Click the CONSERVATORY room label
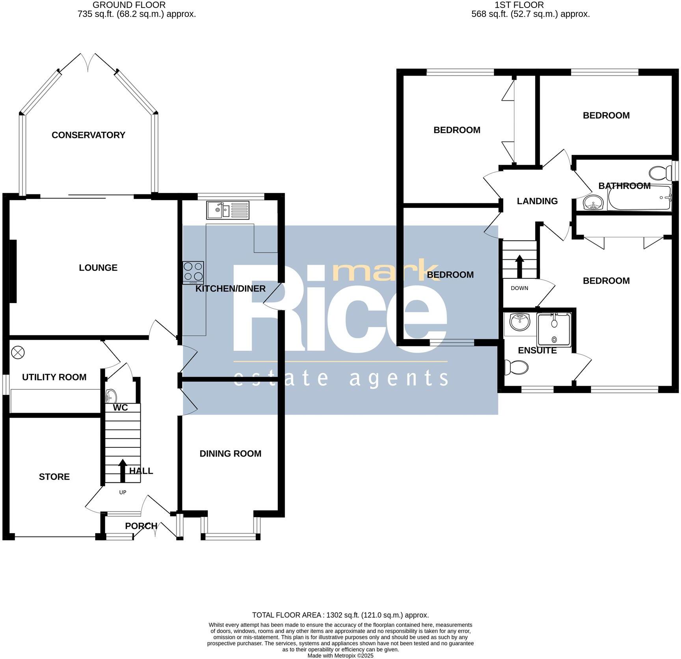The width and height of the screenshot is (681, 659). [x=88, y=135]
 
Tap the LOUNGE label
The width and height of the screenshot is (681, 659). [x=98, y=268]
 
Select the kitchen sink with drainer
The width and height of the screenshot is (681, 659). [x=228, y=210]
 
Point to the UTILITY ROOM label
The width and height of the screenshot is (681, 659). [x=54, y=377]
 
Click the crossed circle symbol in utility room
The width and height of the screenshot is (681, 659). [x=18, y=352]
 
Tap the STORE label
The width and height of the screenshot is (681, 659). [x=54, y=477]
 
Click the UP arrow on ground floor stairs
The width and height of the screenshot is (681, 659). [x=123, y=471]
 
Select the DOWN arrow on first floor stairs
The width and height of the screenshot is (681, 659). [x=519, y=266]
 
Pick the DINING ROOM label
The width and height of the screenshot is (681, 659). [x=230, y=454]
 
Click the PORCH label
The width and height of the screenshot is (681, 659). [x=141, y=526]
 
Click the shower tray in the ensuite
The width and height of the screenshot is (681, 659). [x=554, y=330]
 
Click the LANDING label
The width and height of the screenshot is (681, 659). [x=537, y=201]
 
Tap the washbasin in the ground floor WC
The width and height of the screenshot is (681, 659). [x=111, y=395]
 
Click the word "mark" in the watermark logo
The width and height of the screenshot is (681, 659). [x=385, y=271]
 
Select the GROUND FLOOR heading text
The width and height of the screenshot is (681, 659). [x=129, y=5]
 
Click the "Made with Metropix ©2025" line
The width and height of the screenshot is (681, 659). [x=340, y=656]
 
